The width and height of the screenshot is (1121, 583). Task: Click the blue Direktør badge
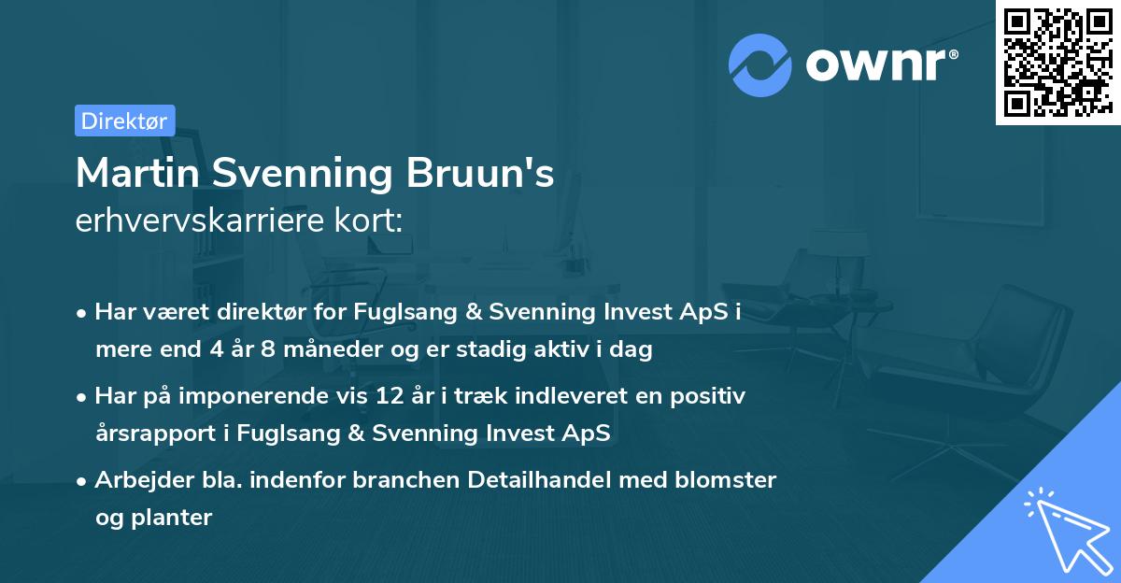coord(124,121)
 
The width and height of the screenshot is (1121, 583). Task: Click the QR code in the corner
coord(1057,62)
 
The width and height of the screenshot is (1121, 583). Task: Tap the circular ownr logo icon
coord(760,64)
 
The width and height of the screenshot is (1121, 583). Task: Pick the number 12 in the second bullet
coord(389,396)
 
